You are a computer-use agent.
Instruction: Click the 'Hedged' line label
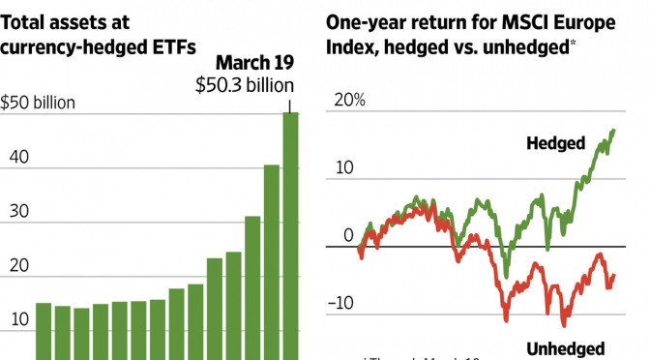555,143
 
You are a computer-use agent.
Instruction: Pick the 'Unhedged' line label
565,348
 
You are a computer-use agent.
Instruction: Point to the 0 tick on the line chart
349,235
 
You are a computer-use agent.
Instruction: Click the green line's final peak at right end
612,131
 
